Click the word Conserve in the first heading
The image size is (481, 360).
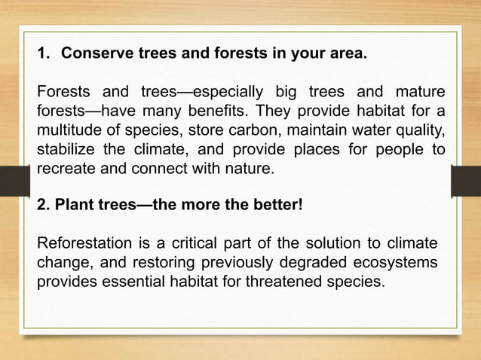coord(93,55)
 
